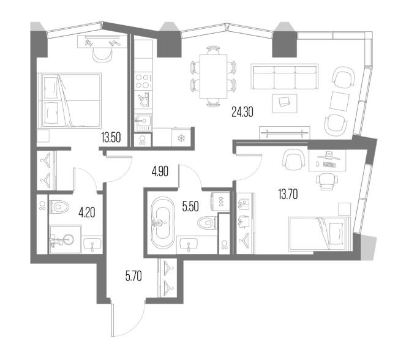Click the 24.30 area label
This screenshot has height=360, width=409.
tap(242, 112)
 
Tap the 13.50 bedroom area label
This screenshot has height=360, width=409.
tap(111, 138)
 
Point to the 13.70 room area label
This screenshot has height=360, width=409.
tap(288, 194)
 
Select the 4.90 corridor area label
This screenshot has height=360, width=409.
tap(160, 171)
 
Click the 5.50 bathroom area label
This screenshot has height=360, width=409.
tap(190, 206)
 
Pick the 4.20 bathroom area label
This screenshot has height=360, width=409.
tap(86, 213)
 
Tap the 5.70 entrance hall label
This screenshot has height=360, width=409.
tap(133, 276)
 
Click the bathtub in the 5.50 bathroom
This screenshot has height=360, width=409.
tap(162, 223)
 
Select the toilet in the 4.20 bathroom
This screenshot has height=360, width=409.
tap(59, 208)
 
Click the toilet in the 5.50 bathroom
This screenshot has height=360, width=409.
tap(207, 222)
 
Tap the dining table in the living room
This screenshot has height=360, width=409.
tap(213, 76)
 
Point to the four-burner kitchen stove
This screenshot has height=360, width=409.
tap(143, 81)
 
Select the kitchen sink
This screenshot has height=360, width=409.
tap(143, 122)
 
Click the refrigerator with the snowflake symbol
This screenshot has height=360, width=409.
tap(181, 137)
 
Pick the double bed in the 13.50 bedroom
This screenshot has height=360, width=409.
tap(69, 100)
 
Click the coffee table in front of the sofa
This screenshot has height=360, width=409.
tap(285, 103)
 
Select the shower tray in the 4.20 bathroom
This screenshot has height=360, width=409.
tap(66, 239)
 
